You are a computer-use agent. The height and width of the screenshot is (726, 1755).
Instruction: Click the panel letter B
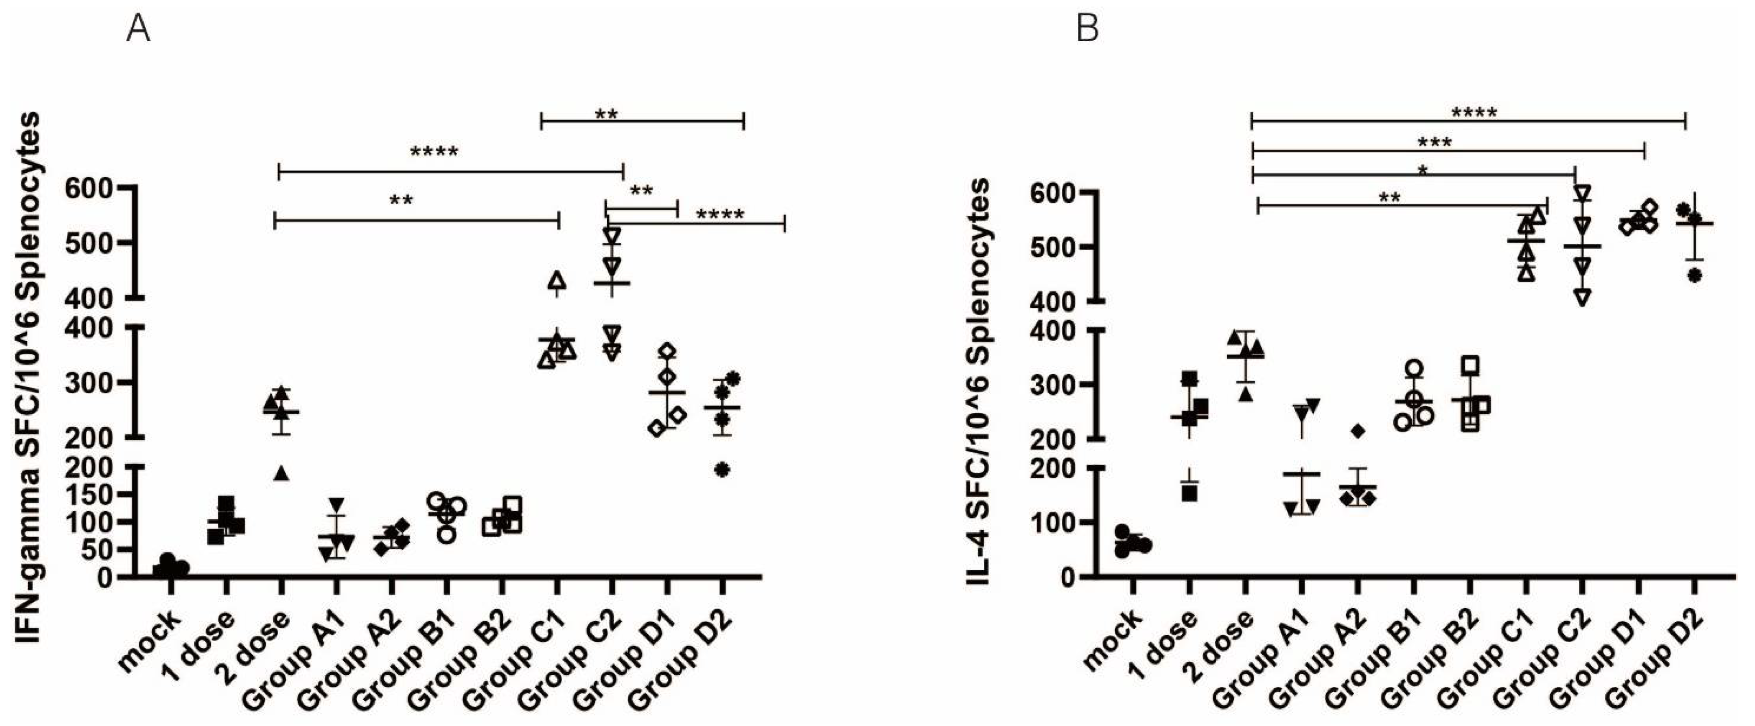(1087, 30)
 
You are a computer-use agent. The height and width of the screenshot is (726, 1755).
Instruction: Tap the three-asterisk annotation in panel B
(1434, 142)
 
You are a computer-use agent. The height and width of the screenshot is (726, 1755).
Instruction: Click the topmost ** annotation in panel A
(606, 114)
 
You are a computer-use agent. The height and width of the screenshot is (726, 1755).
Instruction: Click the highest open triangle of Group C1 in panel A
(557, 280)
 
